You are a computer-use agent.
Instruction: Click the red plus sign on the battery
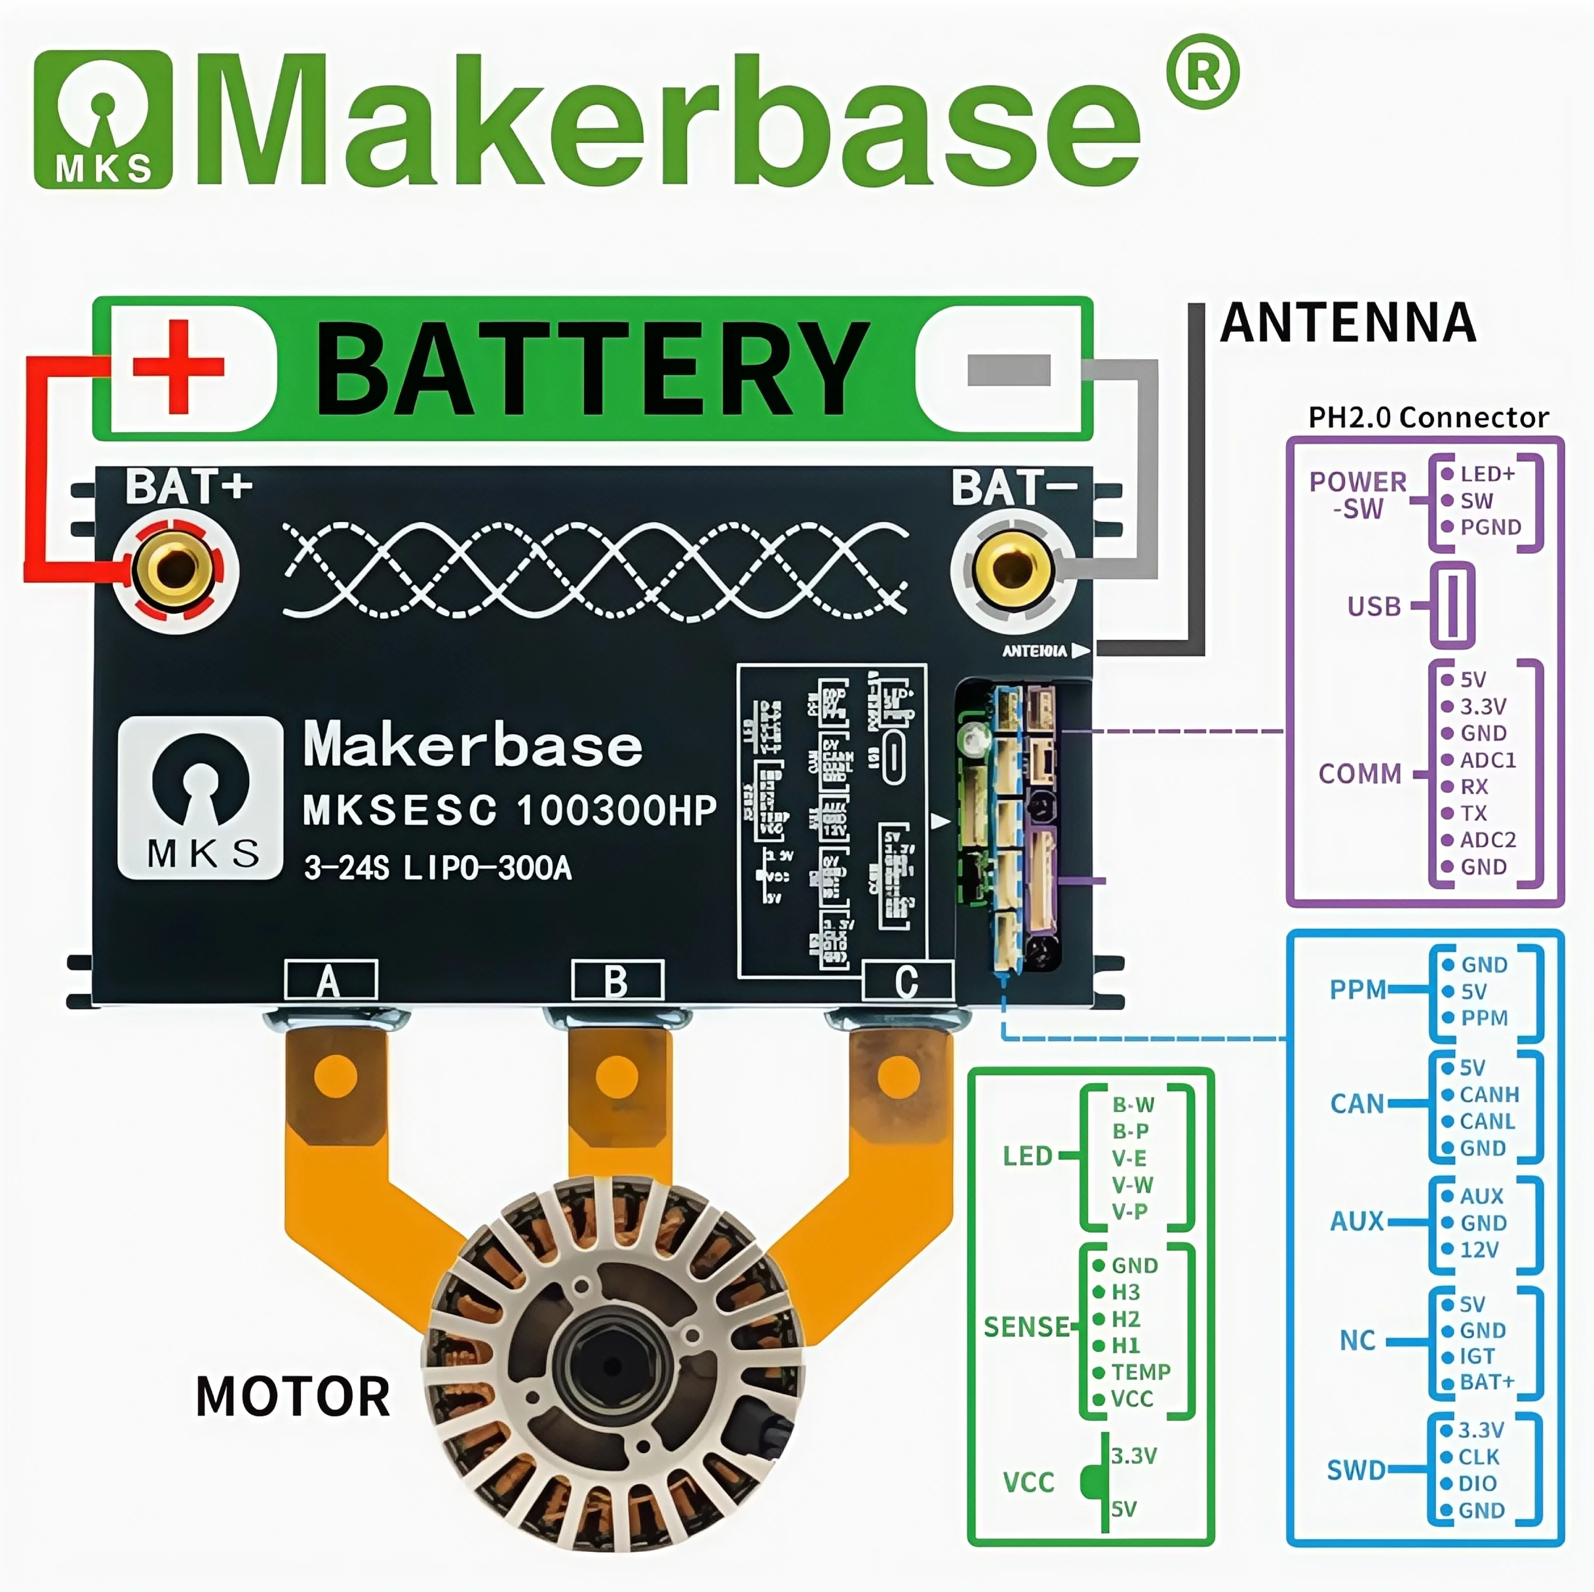pos(178,367)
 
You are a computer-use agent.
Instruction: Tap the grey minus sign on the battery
pos(1008,370)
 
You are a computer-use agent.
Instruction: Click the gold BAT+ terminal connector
pos(174,568)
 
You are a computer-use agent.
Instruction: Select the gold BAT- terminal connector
pos(1013,568)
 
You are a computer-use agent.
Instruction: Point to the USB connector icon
pos(1452,606)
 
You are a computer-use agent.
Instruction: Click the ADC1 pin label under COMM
pos(1488,760)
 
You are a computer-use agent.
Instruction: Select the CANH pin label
pos(1488,1094)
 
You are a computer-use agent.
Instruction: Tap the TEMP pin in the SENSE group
pos(1140,1372)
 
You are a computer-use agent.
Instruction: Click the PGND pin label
pos(1490,527)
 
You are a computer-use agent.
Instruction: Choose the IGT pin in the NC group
pos(1476,1356)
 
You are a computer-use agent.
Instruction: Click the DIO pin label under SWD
pos(1477,1483)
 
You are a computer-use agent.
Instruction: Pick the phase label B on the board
pos(616,982)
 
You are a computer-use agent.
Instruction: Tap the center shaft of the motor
pos(612,1364)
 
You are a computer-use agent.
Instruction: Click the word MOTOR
pos(292,1397)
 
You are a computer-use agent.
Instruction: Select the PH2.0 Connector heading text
pos(1428,418)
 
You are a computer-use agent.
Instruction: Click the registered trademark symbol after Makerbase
pos(1203,73)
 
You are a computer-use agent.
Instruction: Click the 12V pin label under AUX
pos(1479,1250)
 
